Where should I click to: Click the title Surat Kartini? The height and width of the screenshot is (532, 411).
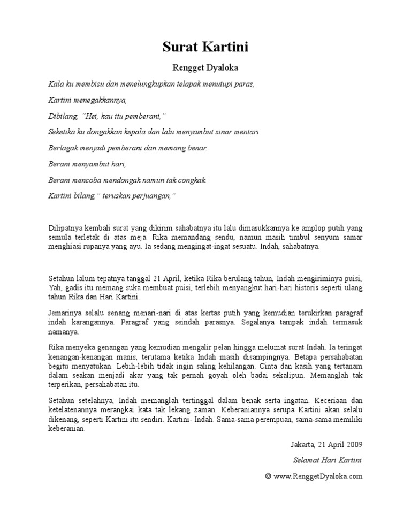[205, 48]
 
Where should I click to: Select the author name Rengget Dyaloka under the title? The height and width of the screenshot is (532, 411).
[205, 68]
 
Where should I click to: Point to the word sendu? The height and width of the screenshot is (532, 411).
[222, 238]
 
